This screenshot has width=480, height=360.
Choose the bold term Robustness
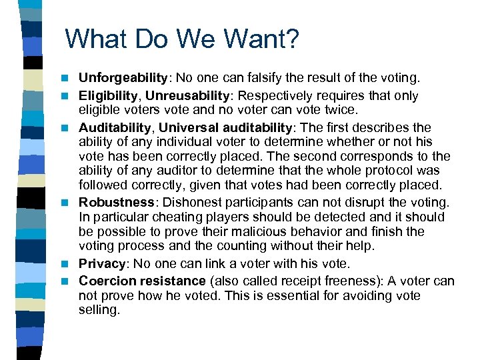click(x=117, y=202)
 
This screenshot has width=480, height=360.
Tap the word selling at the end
click(x=99, y=310)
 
